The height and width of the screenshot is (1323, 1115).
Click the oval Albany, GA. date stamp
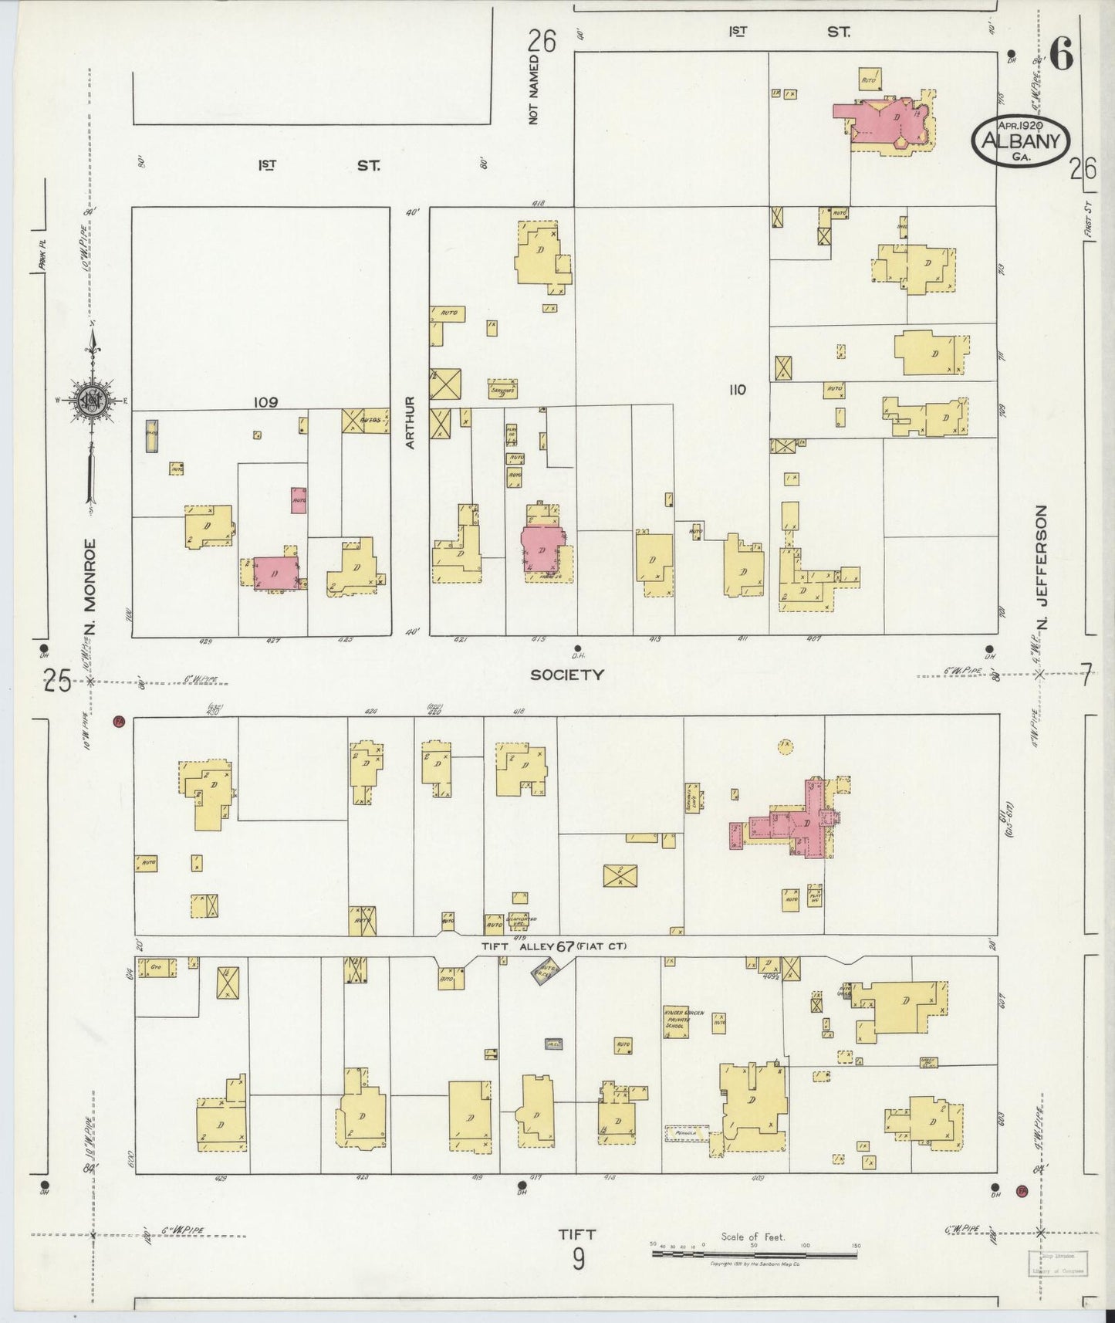1020,140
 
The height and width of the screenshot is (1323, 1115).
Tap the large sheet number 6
1062,56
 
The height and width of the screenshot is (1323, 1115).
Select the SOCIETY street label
566,675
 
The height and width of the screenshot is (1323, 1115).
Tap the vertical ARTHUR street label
411,422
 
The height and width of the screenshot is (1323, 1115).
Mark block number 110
737,390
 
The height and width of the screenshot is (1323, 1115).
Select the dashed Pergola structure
687,1133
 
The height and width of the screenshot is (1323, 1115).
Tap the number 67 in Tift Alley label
566,946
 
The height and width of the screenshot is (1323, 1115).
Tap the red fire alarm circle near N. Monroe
119,722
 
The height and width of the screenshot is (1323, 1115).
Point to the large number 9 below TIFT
579,1260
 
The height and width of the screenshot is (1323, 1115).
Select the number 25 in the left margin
56,682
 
